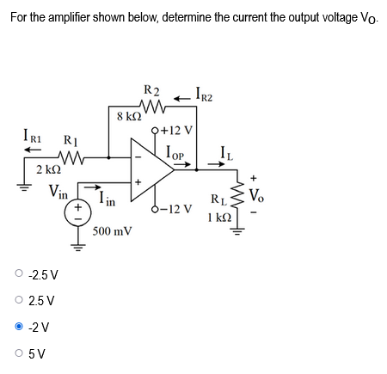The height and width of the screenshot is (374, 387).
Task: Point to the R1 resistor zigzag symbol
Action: tap(68, 157)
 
